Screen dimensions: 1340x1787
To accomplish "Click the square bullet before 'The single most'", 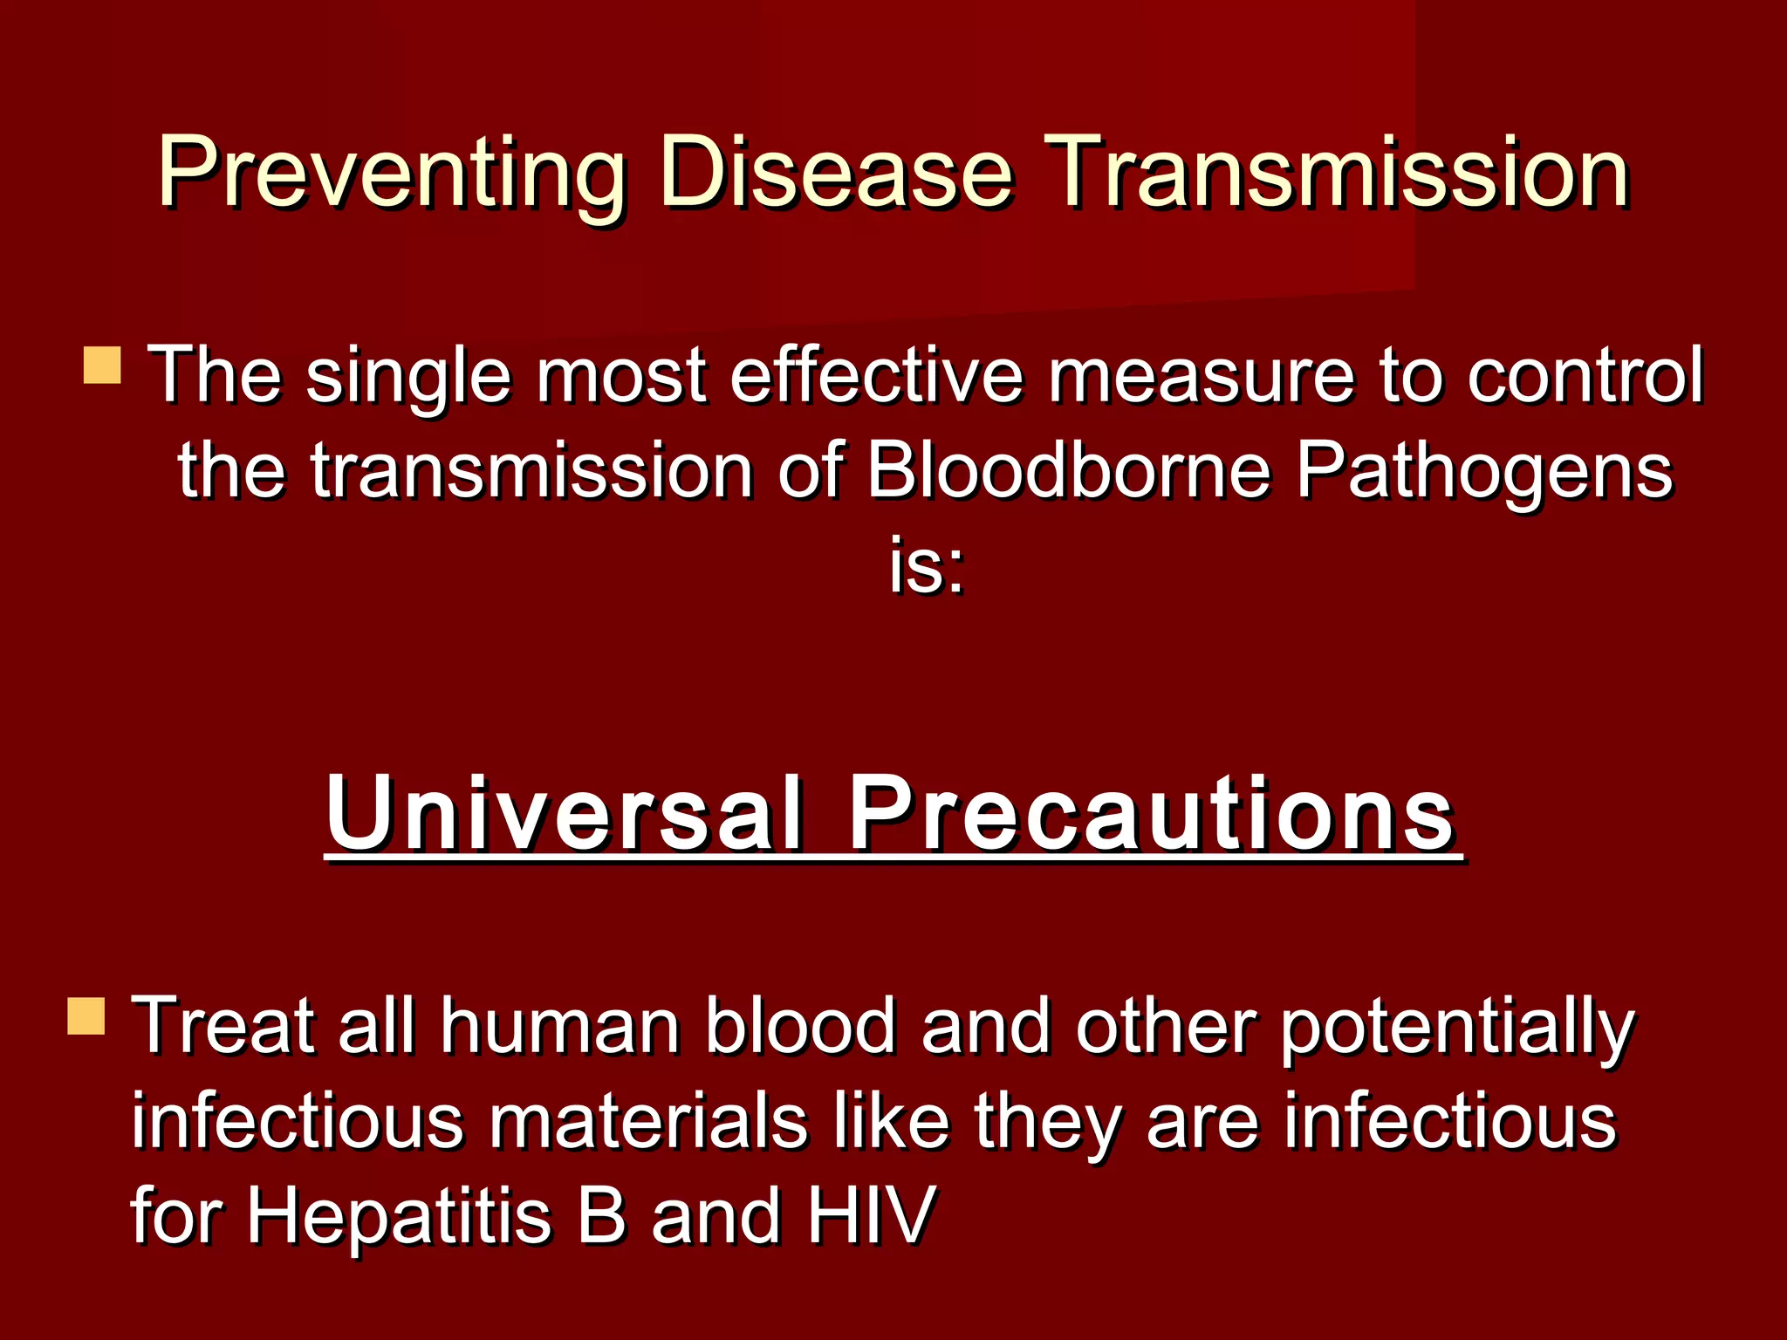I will [x=102, y=366].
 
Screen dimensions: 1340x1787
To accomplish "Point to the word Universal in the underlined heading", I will [x=564, y=813].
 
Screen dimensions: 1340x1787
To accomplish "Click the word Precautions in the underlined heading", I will [x=1152, y=813].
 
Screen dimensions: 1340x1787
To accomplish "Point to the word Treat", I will [x=223, y=1026].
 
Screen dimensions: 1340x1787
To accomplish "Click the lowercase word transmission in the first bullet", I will [x=532, y=471].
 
